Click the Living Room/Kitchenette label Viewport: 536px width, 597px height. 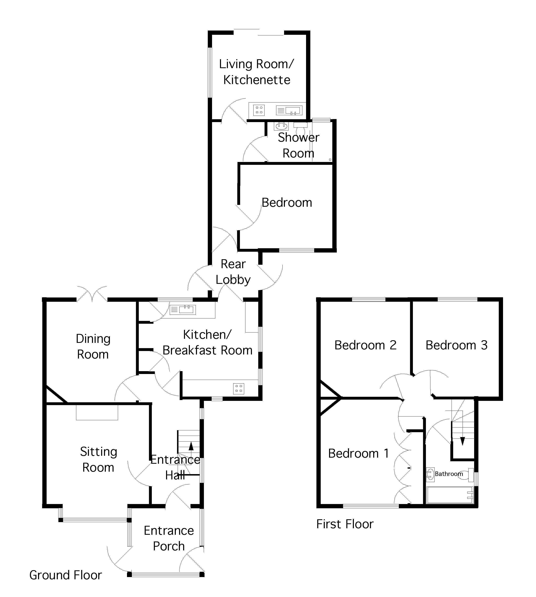(x=256, y=72)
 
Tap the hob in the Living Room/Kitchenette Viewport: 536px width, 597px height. (x=259, y=110)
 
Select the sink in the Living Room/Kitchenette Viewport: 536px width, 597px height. (x=289, y=110)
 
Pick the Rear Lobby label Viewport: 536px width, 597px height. (x=233, y=272)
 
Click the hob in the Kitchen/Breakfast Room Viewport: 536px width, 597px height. (x=238, y=389)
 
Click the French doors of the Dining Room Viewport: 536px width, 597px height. (x=92, y=294)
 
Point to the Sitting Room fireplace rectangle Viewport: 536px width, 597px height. (x=97, y=412)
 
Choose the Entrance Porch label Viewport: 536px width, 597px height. (x=169, y=538)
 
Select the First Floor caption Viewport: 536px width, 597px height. (x=345, y=524)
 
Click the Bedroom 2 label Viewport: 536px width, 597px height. (x=365, y=345)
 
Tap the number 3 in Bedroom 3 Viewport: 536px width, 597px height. (x=484, y=345)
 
